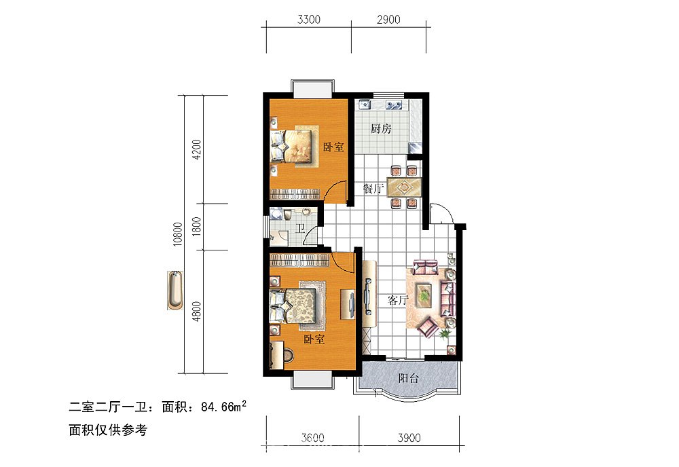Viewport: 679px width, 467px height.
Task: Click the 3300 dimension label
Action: tap(308, 20)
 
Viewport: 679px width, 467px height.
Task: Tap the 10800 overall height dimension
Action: tap(178, 234)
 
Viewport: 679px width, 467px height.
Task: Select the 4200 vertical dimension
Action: tap(197, 149)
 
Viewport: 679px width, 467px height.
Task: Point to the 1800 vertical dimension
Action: tap(197, 226)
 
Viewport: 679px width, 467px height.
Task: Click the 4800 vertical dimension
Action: tap(197, 312)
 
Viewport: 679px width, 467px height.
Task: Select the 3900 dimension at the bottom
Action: tap(409, 438)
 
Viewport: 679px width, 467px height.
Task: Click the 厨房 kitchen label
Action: tap(381, 129)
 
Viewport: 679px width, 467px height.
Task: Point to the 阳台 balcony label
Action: tap(408, 379)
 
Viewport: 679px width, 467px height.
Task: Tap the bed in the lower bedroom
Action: tap(296, 305)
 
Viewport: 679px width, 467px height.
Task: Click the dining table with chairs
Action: tap(405, 186)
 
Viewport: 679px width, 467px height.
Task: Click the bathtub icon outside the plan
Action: tap(175, 291)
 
